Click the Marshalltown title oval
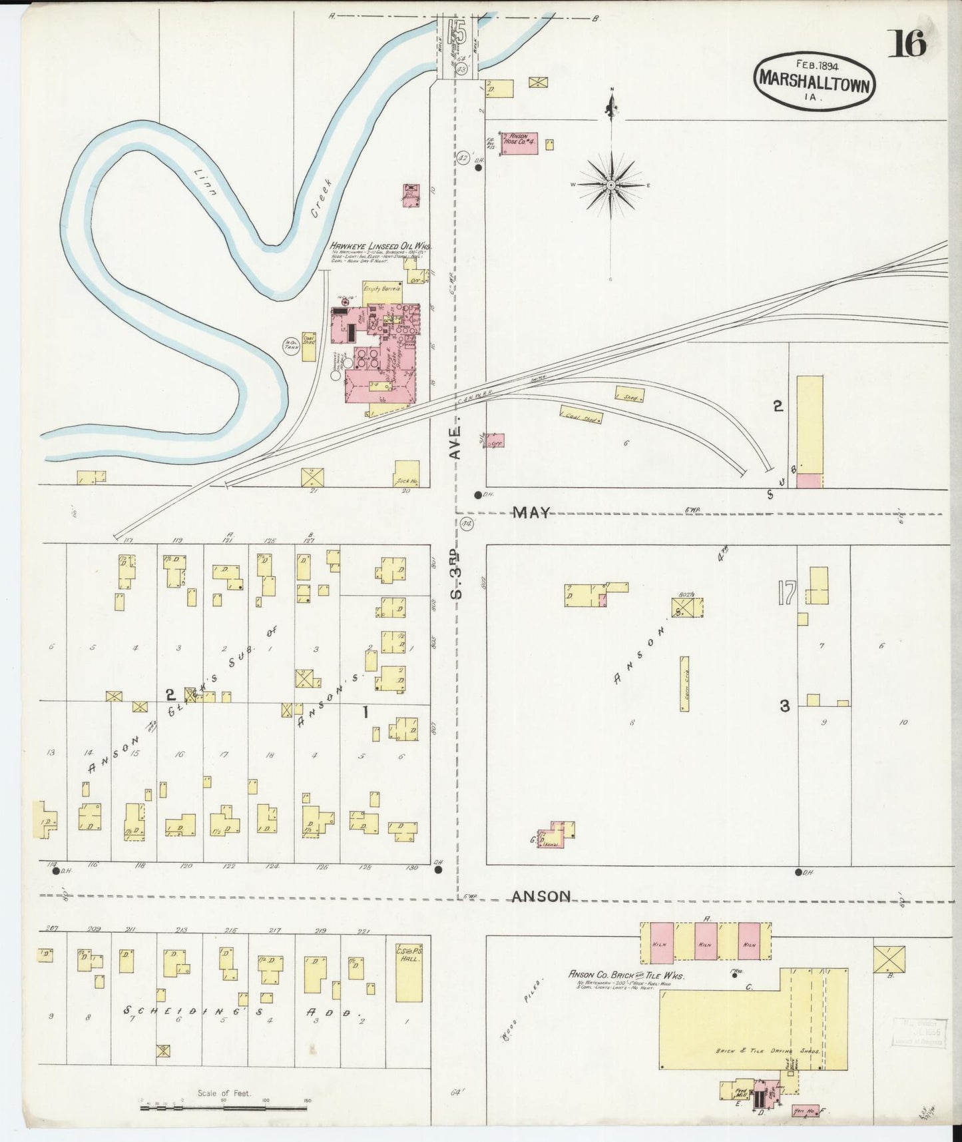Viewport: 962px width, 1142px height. (814, 79)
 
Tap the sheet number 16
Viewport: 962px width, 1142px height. (909, 44)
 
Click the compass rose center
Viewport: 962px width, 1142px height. (610, 185)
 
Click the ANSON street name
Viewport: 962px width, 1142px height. (541, 897)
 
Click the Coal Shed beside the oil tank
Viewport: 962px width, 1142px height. (309, 346)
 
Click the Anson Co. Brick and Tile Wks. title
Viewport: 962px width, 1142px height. (626, 975)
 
